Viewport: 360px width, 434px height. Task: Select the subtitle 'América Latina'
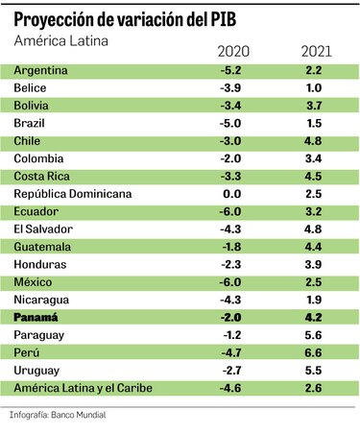(60, 40)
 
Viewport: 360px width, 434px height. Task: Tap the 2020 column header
(233, 51)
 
